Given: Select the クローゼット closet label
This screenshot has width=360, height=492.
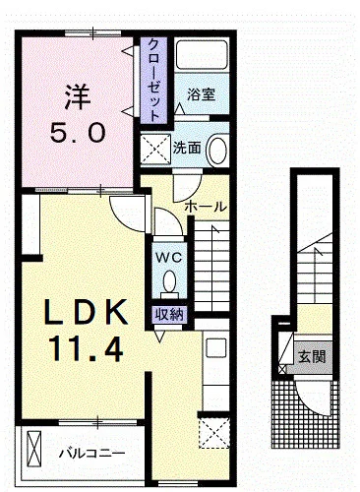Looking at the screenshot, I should [x=154, y=80].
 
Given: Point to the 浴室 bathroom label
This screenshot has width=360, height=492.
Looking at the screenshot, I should [x=203, y=95].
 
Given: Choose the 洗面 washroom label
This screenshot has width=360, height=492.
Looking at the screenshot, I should [x=187, y=149].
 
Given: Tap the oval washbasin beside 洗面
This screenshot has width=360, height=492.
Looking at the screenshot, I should [x=218, y=151].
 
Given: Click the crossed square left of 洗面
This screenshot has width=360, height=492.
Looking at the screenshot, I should [x=155, y=149].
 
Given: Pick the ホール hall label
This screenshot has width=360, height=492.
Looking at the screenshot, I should [x=206, y=207].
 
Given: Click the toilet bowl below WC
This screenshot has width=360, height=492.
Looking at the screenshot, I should [x=168, y=284].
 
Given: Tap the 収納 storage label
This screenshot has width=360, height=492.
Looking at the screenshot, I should [x=168, y=314].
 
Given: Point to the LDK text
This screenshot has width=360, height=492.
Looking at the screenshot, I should [x=85, y=314].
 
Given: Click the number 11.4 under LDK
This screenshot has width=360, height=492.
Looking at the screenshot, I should [x=86, y=346].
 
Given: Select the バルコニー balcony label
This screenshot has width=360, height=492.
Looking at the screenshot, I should [x=90, y=453].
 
